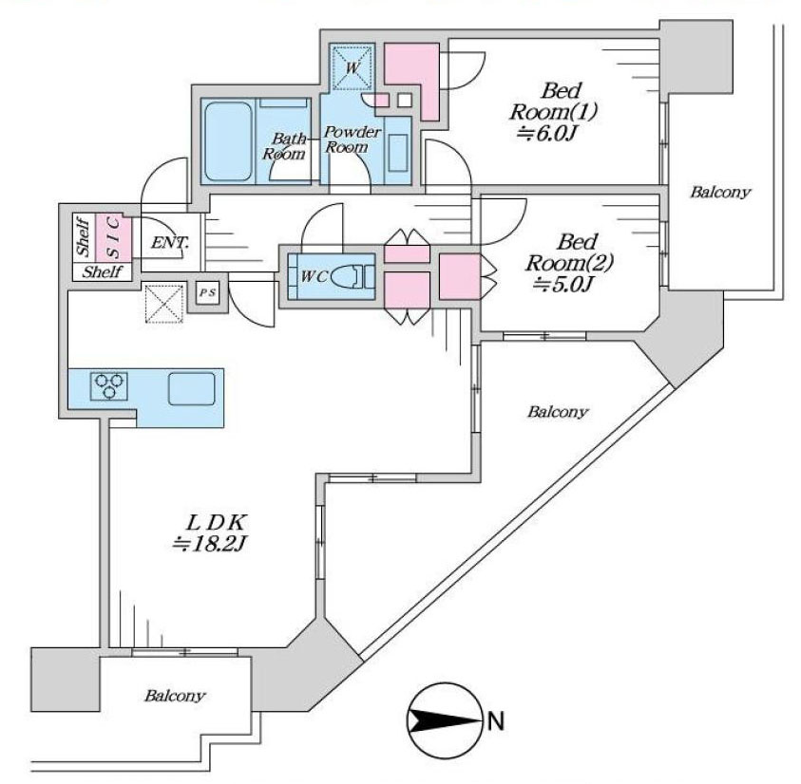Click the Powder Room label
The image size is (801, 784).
353,139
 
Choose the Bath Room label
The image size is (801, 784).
283,145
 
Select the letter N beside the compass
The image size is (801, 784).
495,720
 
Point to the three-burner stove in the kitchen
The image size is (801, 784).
108,385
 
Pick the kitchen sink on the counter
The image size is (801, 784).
193,388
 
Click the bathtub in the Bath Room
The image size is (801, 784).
227,139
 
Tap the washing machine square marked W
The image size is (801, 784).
351,67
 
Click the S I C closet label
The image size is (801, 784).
112,236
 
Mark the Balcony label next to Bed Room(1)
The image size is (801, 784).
719,193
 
